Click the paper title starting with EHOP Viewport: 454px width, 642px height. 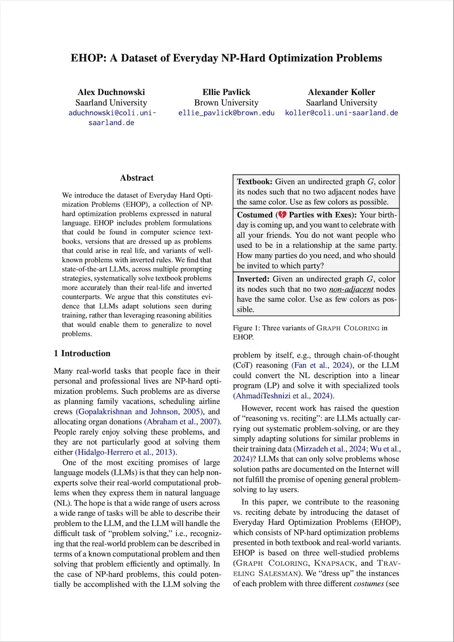click(226, 58)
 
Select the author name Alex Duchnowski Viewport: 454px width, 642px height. click(111, 92)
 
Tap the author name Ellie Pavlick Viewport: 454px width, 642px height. click(226, 92)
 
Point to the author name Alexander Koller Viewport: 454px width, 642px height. click(341, 92)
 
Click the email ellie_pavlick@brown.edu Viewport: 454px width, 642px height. click(226, 113)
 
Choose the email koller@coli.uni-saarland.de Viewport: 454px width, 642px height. click(341, 113)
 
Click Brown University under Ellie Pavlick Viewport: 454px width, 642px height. click(226, 103)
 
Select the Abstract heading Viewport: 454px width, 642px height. click(137, 178)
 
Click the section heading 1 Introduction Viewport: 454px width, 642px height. click(82, 354)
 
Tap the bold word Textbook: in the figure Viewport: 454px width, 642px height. click(255, 182)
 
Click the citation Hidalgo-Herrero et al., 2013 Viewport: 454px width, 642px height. click(126, 452)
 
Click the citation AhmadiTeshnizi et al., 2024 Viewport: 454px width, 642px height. click(283, 396)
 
